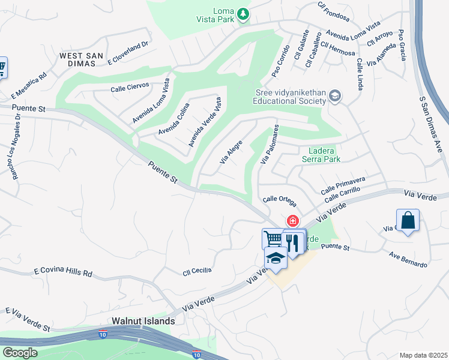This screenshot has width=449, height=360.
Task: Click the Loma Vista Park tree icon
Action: (243, 14)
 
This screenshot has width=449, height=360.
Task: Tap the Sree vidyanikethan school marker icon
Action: (335, 96)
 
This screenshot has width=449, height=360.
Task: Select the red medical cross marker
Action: (293, 221)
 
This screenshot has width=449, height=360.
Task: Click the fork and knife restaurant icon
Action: (292, 242)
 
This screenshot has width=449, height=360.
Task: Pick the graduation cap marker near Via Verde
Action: (276, 258)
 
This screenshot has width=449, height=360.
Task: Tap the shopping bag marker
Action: (408, 220)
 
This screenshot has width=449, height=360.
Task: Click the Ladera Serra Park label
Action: (324, 155)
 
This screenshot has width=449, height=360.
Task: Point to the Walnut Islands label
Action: (143, 321)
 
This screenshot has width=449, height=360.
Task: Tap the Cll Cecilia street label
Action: (197, 271)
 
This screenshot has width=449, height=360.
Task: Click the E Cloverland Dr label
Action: (127, 53)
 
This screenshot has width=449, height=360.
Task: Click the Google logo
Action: (20, 353)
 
